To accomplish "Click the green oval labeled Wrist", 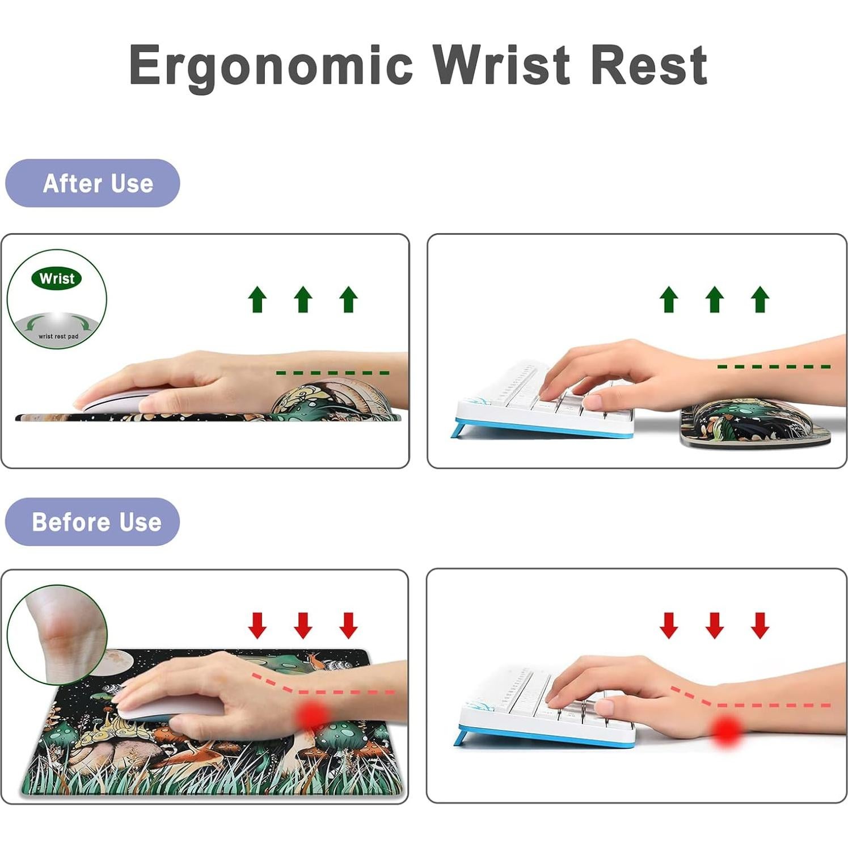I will (57, 279).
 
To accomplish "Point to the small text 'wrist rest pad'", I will (58, 336).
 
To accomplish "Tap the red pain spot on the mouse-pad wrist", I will (311, 716).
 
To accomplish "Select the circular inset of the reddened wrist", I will (57, 634).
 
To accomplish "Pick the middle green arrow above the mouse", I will (303, 299).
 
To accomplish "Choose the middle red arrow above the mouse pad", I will (303, 625).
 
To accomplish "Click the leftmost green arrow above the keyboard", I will (669, 299).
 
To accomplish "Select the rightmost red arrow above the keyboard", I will (760, 625).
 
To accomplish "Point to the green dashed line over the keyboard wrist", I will (774, 367).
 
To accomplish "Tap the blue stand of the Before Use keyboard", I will (461, 737).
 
